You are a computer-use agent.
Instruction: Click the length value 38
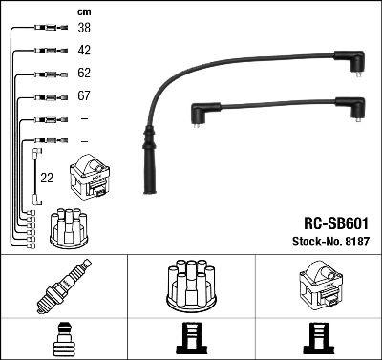(84, 28)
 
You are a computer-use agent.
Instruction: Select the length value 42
(84, 50)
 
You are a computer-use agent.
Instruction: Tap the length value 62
(84, 73)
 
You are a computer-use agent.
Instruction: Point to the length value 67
(84, 96)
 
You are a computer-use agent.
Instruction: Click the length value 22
(47, 178)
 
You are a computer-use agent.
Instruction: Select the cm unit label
(84, 12)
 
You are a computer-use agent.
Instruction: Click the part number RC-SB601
(336, 223)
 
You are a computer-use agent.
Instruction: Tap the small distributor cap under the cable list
(69, 228)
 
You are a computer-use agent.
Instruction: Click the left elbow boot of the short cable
(201, 113)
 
